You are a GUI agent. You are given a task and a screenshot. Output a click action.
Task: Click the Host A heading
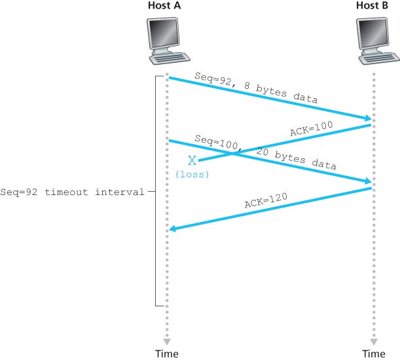[166, 6]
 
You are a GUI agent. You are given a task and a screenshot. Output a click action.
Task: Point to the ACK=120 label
[266, 199]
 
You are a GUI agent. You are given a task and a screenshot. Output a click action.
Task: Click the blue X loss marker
[192, 160]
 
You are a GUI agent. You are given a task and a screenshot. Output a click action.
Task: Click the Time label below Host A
[166, 354]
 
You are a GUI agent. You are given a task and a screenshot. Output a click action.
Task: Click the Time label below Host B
[374, 354]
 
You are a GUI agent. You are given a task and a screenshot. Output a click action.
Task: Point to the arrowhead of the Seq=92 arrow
[367, 119]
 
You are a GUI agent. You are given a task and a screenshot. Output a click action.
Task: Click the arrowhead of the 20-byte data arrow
[367, 181]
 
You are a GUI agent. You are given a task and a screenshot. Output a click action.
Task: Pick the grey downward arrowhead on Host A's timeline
[166, 341]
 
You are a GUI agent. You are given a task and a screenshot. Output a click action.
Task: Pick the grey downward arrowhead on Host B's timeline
[374, 341]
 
